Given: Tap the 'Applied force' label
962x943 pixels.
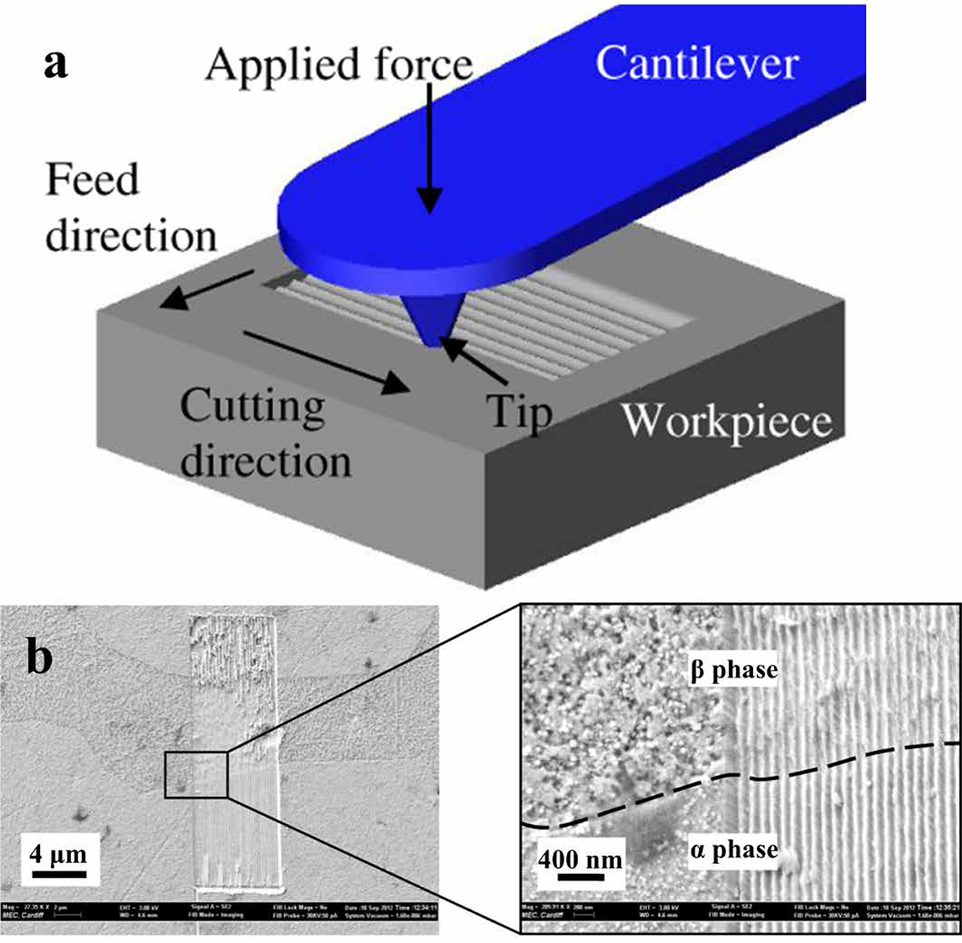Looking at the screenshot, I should (x=339, y=65).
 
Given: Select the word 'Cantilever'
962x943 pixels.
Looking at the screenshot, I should (x=697, y=63).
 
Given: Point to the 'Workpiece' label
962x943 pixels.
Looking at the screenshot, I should (x=727, y=421).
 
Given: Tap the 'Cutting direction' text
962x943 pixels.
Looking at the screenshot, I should (x=265, y=433).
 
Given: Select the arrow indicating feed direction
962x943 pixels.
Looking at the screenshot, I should (x=206, y=290).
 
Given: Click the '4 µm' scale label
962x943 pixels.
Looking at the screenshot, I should (x=59, y=855).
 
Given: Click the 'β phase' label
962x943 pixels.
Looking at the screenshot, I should (x=734, y=669).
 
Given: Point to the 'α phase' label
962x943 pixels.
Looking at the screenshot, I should (x=734, y=850).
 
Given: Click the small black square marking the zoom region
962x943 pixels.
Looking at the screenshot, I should (x=195, y=774).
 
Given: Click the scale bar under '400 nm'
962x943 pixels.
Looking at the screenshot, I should (x=580, y=878).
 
